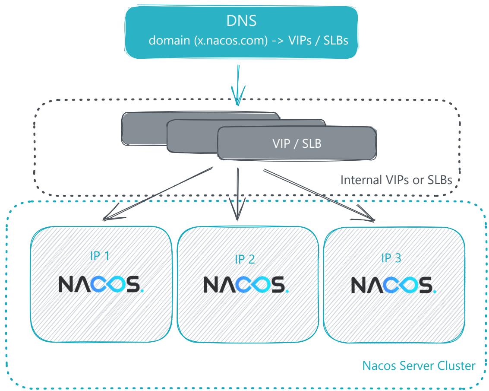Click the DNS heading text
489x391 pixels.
(x=241, y=21)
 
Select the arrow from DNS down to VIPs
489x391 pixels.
(x=238, y=85)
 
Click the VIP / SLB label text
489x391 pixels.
(x=297, y=143)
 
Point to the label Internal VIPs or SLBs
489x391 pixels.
(x=396, y=180)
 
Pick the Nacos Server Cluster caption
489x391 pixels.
(x=419, y=366)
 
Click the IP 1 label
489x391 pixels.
(x=100, y=256)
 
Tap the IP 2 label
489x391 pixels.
(x=245, y=259)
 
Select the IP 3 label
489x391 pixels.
(x=391, y=258)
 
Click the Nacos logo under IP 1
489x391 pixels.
(x=101, y=284)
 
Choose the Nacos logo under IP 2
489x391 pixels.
(x=246, y=285)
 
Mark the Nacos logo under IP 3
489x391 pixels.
(x=394, y=285)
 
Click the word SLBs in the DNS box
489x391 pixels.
(x=335, y=41)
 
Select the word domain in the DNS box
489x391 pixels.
(x=169, y=41)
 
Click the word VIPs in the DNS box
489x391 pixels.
(x=300, y=41)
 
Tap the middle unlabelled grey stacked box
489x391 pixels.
(x=192, y=137)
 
